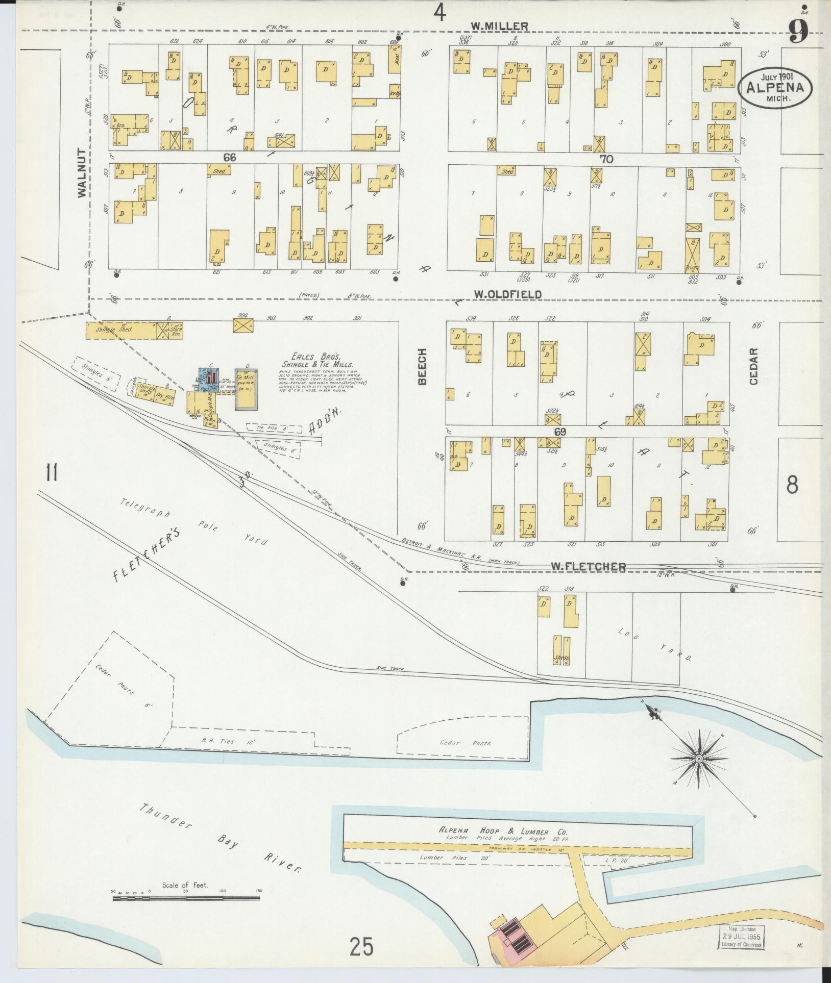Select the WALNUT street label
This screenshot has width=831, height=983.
pos(82,172)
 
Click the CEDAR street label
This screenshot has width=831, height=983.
pos(754,366)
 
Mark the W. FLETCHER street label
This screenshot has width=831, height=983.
pos(588,566)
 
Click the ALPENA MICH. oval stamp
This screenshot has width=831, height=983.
pos(775,87)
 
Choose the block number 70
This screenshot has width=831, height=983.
pos(606,159)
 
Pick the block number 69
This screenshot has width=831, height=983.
pos(561,432)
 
